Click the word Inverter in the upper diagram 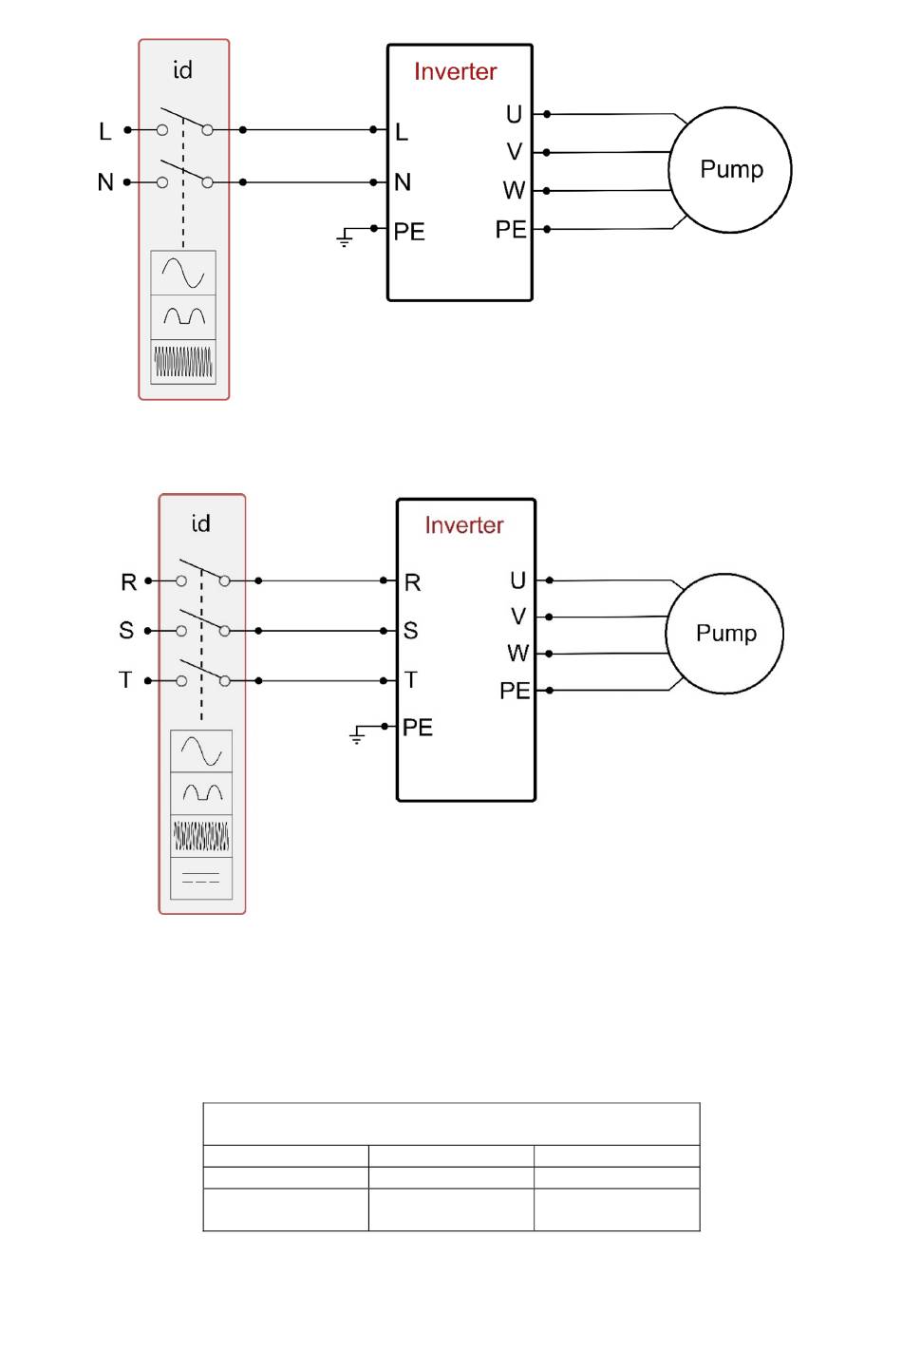[455, 71]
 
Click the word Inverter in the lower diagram [464, 525]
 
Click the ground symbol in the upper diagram [345, 237]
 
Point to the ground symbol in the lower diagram [357, 734]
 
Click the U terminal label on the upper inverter [514, 114]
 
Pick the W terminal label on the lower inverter [517, 653]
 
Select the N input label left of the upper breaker [105, 181]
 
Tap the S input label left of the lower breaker [125, 630]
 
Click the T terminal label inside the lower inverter [411, 680]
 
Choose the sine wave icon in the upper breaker [183, 273]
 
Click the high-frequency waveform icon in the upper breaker [183, 361]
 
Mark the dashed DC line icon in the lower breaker [201, 878]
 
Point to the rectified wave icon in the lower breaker [201, 793]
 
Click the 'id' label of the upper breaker [182, 70]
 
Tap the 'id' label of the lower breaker [200, 523]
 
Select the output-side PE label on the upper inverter [510, 230]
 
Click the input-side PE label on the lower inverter [418, 728]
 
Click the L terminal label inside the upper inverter [402, 132]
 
